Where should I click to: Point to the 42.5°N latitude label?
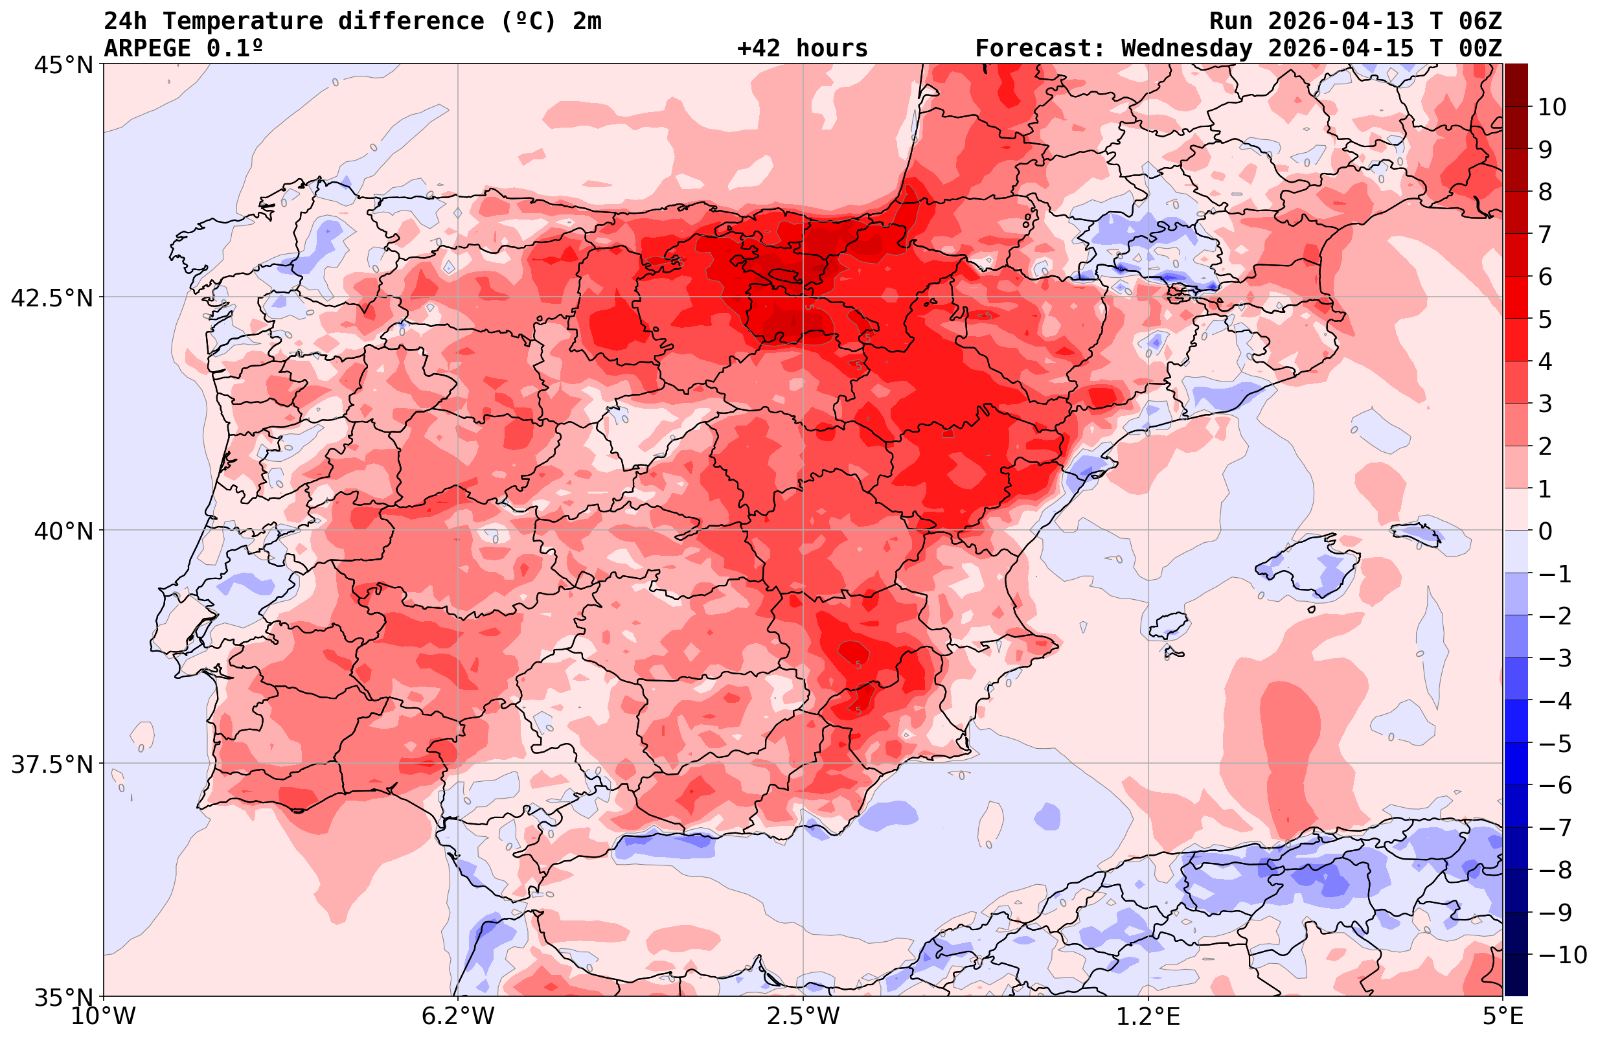[x=51, y=298]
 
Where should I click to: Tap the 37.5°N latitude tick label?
[x=51, y=764]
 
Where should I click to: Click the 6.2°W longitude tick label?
[x=457, y=1016]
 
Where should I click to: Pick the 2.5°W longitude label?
[x=803, y=1016]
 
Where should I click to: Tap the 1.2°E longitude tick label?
[x=1148, y=1016]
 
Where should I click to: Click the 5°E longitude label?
[x=1502, y=1016]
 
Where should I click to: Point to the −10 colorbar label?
[x=1562, y=954]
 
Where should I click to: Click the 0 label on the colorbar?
[x=1545, y=531]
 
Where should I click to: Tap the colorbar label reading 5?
[x=1545, y=319]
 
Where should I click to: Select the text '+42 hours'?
[x=803, y=49]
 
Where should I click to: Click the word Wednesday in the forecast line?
[x=1187, y=49]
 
